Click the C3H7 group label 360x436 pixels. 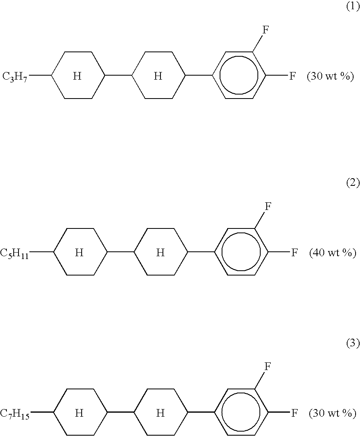tap(15, 76)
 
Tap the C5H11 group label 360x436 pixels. tap(14, 253)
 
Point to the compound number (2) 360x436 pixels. tap(353, 183)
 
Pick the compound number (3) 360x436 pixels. tap(353, 343)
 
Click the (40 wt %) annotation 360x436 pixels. tap(333, 253)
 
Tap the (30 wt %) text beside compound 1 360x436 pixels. tap(330, 76)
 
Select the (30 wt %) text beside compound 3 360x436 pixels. tap(333, 413)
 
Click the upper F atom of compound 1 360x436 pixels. tap(266, 30)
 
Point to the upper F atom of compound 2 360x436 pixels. tap(268, 206)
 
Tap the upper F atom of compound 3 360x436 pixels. tap(268, 366)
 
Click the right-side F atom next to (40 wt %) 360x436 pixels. tap(294, 253)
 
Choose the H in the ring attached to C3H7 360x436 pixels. tap(77, 76)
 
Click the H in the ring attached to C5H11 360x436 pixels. tap(79, 253)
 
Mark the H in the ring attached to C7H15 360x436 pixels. tap(79, 413)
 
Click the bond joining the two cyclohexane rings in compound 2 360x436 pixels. tap(120, 252)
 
